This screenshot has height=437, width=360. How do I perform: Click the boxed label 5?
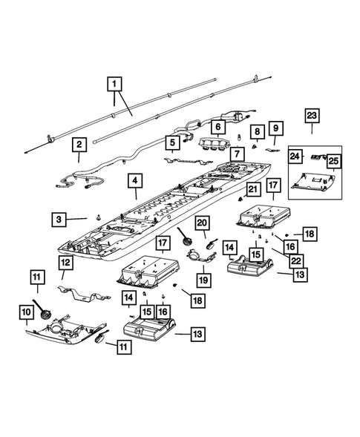172,142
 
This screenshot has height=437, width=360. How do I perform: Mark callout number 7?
236,154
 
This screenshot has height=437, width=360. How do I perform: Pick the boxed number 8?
258,132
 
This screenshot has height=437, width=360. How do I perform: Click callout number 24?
295,157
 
